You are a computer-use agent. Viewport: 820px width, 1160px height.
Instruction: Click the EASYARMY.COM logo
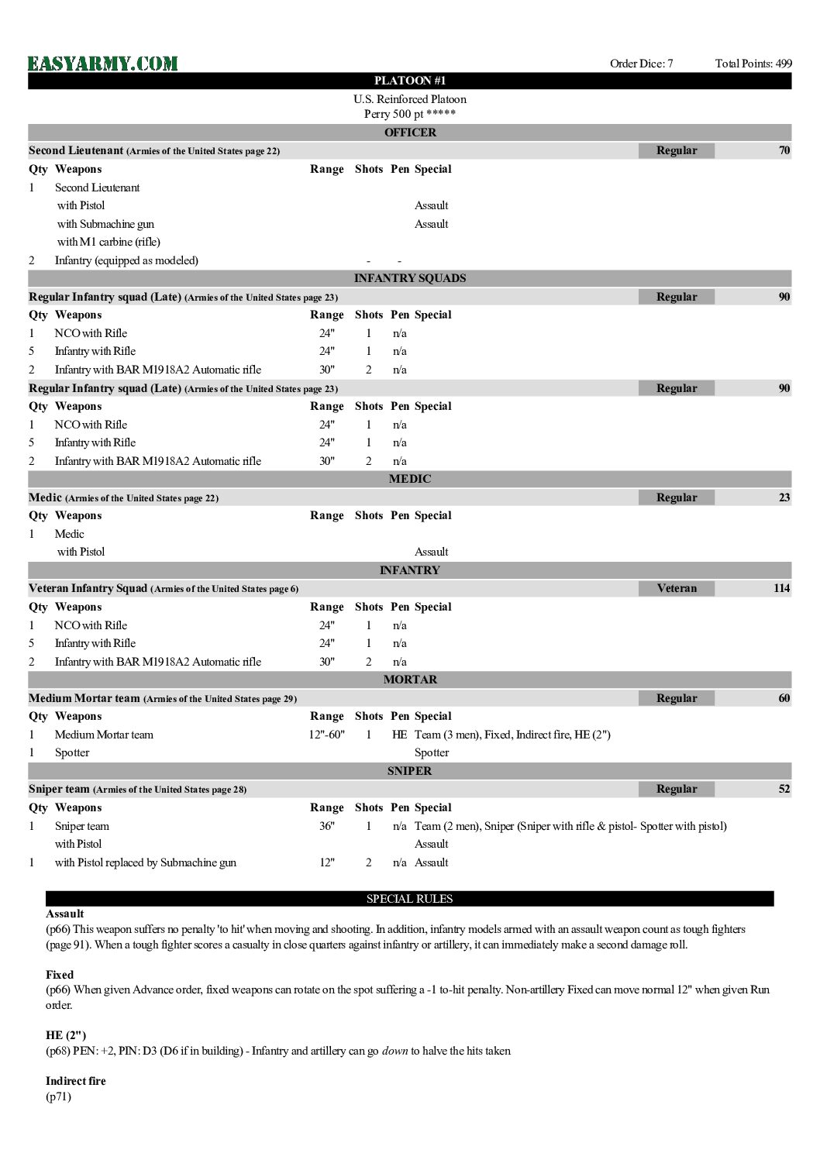102,64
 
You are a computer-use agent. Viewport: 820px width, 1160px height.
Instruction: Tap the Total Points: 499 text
753,64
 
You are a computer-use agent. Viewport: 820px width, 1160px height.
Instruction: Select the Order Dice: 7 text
641,64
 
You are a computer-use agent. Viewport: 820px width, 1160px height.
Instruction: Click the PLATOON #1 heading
409,81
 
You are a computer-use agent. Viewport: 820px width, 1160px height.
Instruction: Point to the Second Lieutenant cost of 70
784,150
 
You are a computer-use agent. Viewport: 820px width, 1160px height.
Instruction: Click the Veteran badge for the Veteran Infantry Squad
676,588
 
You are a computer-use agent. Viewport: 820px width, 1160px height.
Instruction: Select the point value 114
781,588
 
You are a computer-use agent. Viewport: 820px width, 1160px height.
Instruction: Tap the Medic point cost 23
784,497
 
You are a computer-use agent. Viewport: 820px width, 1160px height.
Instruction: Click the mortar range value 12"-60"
326,735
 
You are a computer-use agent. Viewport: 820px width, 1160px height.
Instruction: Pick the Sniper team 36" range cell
326,826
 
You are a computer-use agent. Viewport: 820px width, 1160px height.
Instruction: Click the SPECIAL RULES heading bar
409,899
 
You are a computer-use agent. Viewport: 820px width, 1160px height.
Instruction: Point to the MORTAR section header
409,680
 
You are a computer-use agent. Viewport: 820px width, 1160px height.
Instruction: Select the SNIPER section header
409,771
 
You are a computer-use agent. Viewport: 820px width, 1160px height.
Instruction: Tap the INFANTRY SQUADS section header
409,278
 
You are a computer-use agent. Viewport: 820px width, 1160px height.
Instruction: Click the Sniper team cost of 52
784,789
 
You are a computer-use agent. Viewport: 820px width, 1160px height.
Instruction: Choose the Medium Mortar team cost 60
784,698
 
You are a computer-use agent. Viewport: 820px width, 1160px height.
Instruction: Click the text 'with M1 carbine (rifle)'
109,242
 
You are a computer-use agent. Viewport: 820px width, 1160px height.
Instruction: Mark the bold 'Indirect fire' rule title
76,1081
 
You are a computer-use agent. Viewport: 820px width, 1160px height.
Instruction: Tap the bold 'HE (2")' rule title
66,1035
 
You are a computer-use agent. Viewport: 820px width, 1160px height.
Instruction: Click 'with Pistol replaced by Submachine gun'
146,862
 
